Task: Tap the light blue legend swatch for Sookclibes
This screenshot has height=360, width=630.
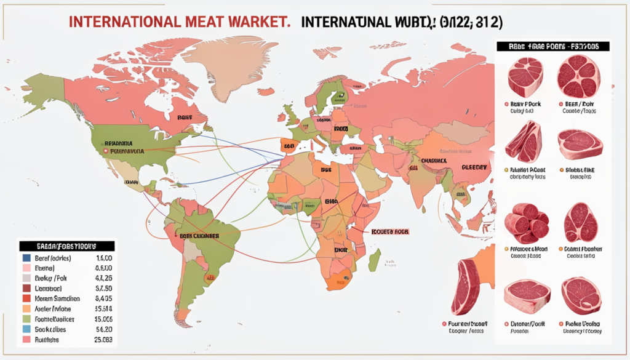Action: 27,329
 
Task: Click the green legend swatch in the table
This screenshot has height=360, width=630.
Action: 27,319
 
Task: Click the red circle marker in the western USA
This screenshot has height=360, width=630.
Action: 106,150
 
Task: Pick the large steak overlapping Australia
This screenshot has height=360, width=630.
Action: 466,287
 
